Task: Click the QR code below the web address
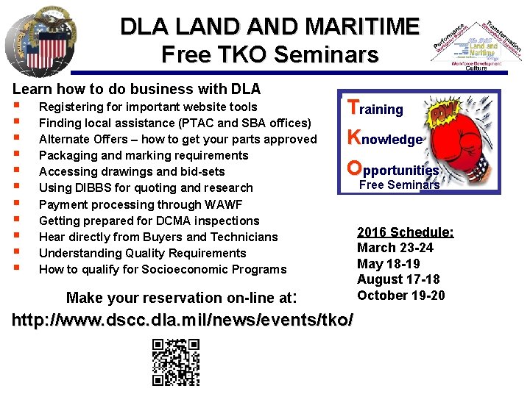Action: click(176, 361)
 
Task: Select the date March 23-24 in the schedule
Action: click(395, 248)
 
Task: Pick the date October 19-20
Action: click(401, 296)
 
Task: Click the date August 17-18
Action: click(398, 279)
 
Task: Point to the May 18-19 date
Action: click(388, 264)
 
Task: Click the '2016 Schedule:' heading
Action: click(406, 232)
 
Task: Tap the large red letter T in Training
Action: click(353, 108)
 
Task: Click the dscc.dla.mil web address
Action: click(183, 321)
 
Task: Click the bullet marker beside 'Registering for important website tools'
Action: click(16, 107)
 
